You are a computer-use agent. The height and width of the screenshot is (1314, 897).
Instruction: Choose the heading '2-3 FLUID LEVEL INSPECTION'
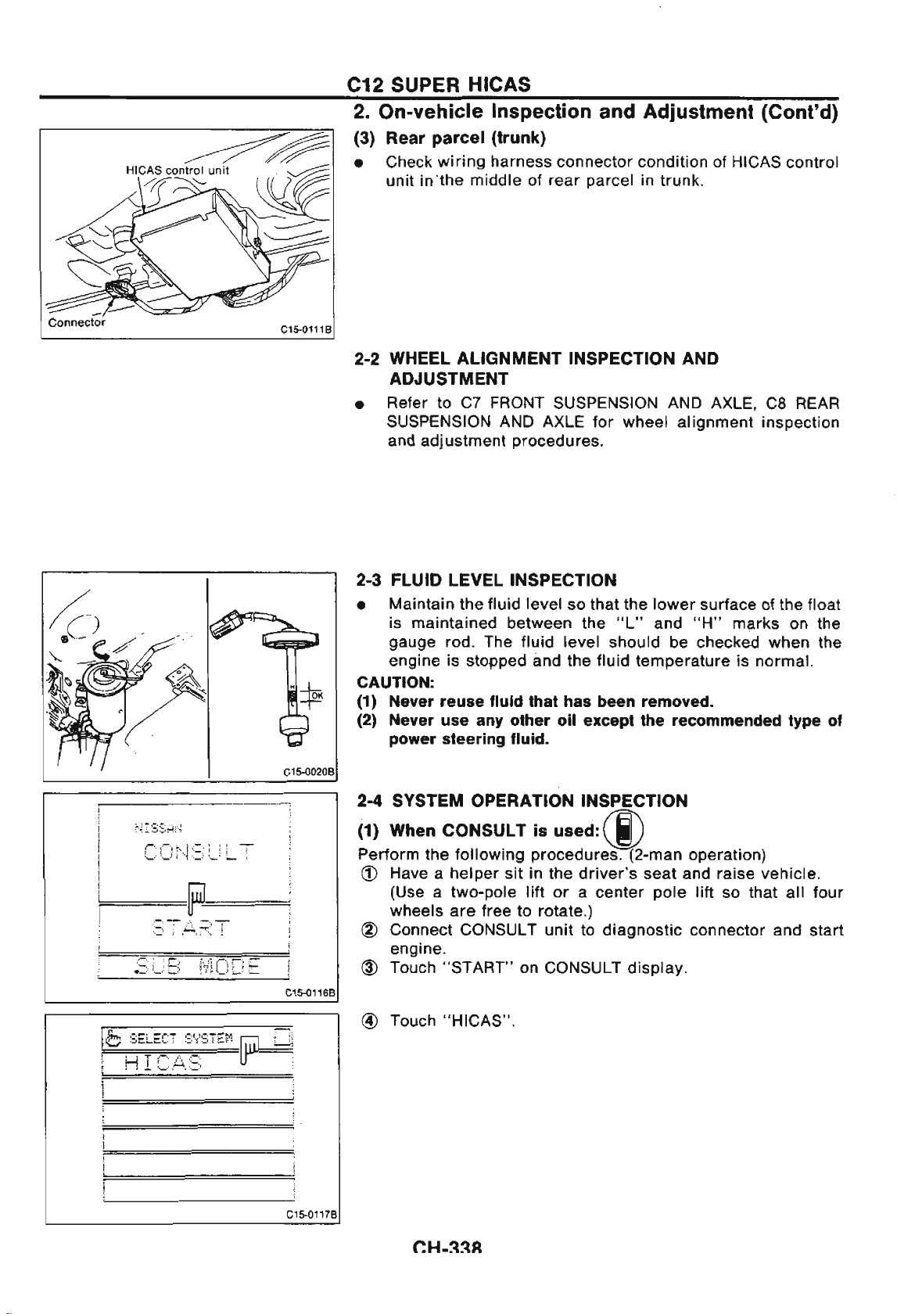click(486, 580)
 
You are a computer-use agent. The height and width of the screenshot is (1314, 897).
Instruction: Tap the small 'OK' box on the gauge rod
click(316, 695)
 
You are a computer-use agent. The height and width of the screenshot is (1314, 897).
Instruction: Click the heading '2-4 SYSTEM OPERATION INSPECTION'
click(522, 801)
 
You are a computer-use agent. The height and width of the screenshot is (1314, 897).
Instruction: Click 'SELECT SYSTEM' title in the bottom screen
click(180, 1038)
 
